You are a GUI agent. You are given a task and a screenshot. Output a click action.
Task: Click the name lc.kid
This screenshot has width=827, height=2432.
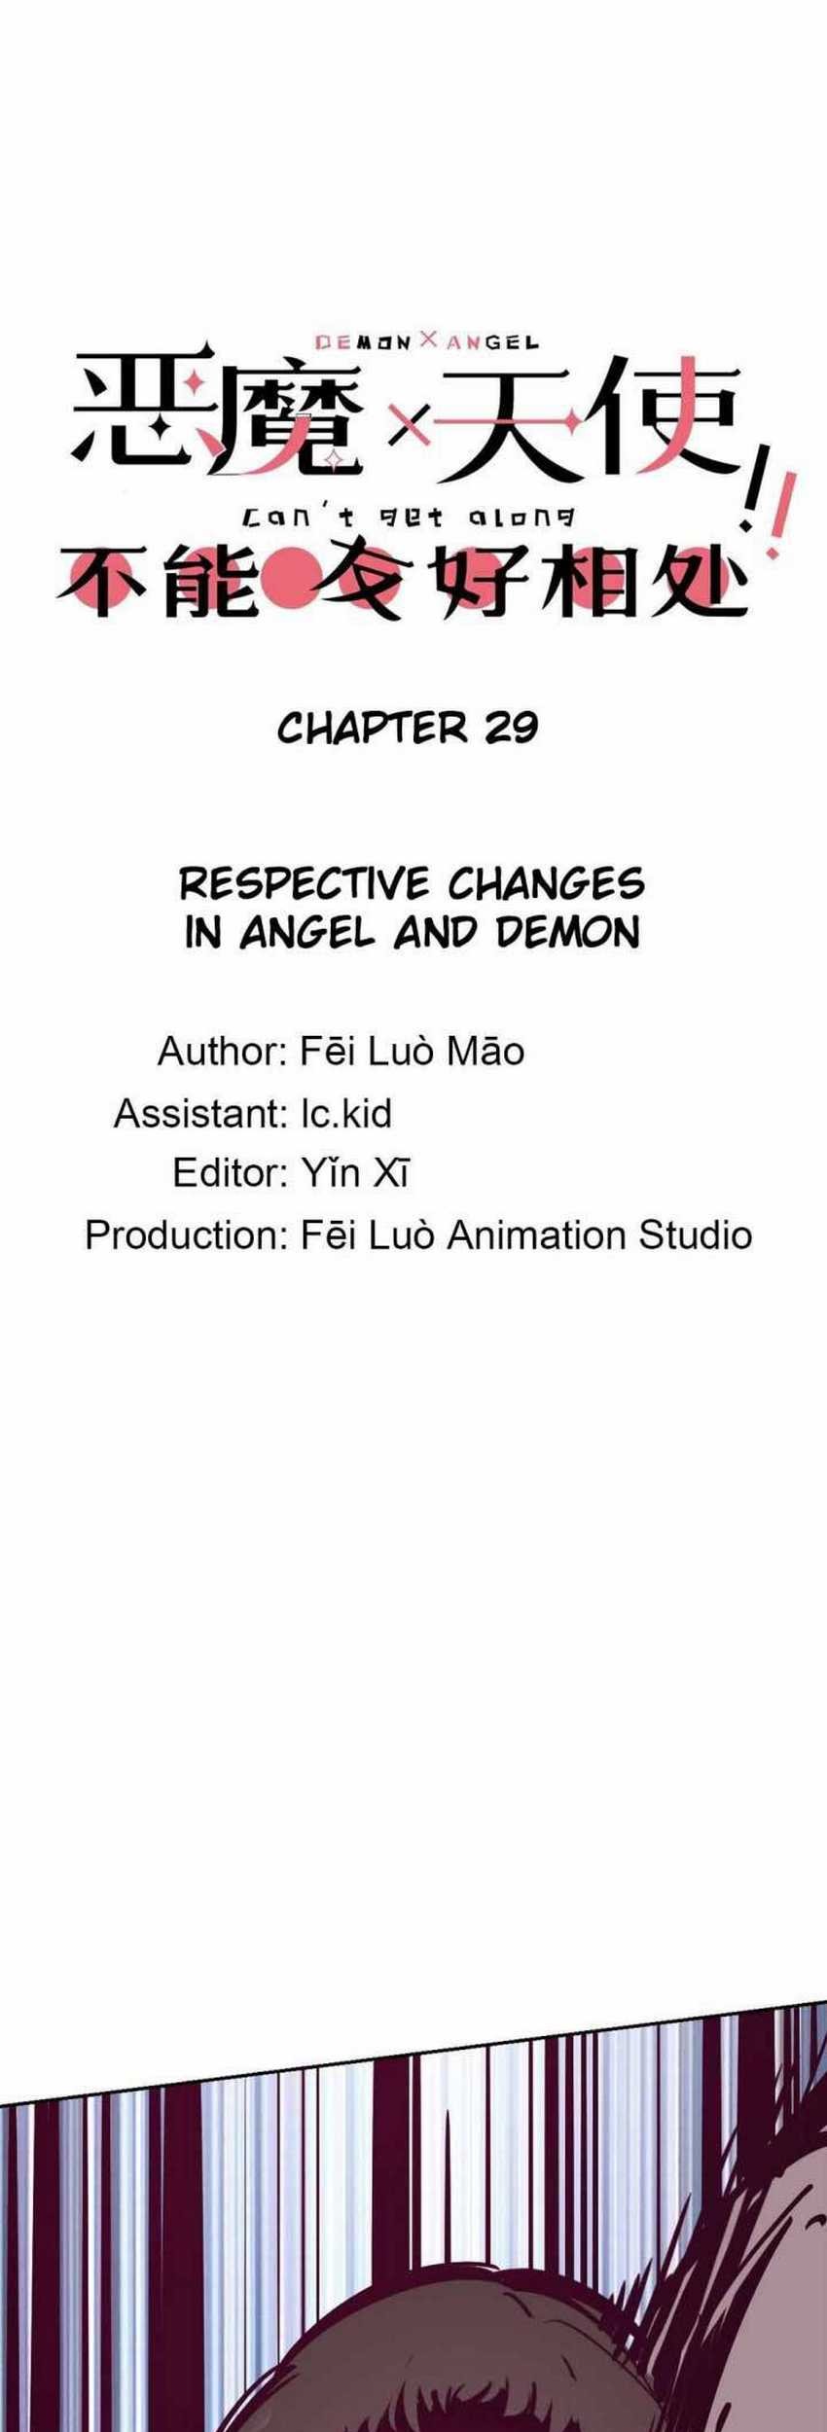(x=346, y=1114)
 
